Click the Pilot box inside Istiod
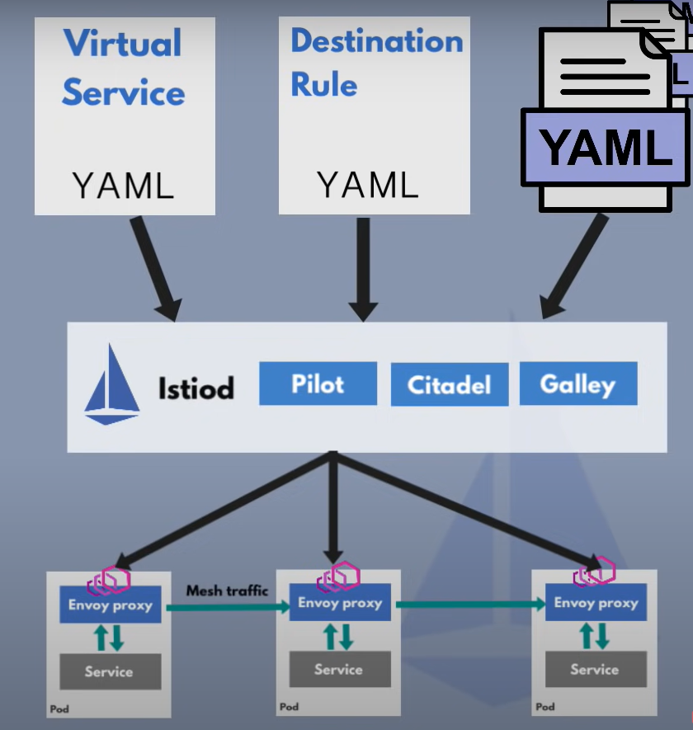318,384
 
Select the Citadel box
450,384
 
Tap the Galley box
578,384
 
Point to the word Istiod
196,389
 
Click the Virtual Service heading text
124,67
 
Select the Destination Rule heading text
377,62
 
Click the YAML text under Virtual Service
124,186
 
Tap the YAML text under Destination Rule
368,185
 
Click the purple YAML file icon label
605,148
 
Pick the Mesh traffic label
227,591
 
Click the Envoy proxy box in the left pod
111,605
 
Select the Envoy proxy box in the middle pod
340,602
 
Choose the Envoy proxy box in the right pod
596,602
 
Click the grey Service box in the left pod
111,671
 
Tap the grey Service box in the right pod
596,669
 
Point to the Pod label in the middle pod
290,707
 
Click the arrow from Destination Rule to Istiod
363,270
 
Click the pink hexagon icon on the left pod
109,581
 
